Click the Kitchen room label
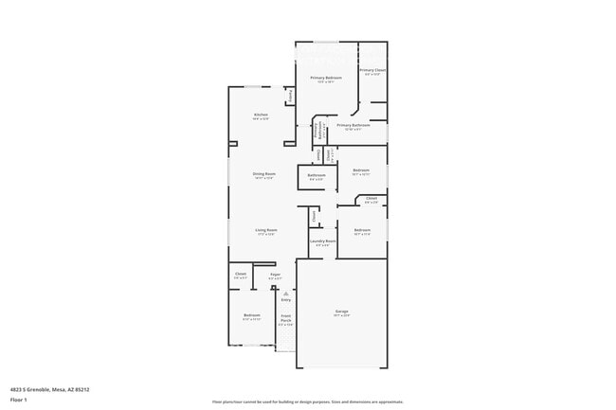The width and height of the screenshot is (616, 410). [x=261, y=115]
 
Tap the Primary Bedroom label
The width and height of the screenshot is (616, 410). [x=326, y=78]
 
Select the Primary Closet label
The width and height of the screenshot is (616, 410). [x=372, y=70]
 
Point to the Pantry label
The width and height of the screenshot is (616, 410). [x=290, y=97]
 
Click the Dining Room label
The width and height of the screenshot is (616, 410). [x=263, y=174]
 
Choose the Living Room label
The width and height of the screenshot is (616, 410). [x=265, y=230]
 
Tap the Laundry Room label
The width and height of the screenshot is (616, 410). [x=323, y=241]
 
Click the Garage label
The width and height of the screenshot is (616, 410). [x=341, y=312]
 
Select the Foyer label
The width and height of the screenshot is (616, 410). [x=275, y=275]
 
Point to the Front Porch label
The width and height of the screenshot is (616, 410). [x=285, y=319]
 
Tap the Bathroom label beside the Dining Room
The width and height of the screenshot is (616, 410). [x=317, y=175]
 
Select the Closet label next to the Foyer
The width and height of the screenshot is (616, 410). [x=241, y=275]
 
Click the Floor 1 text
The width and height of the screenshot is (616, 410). [x=19, y=400]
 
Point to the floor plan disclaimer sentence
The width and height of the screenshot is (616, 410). [x=308, y=401]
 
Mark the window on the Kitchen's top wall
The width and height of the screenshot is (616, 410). [x=254, y=87]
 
